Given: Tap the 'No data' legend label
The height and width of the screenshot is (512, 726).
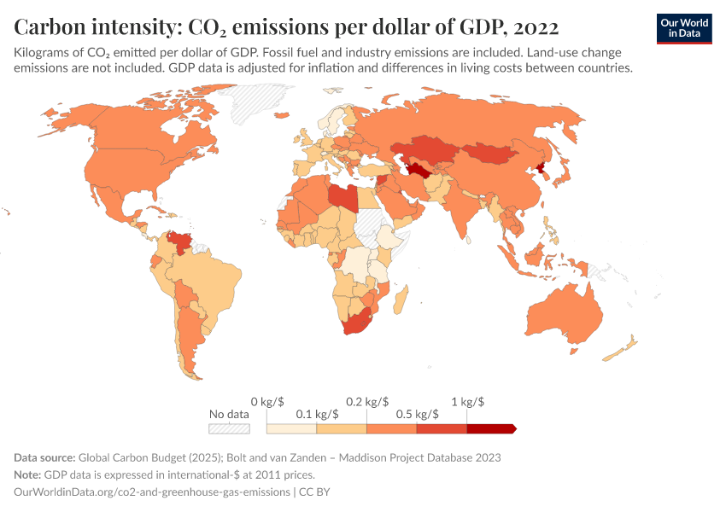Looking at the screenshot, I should tap(229, 414).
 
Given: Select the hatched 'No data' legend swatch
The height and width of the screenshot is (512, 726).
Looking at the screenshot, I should tap(229, 428).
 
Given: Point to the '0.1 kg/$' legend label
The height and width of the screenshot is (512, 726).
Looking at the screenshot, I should tap(317, 414).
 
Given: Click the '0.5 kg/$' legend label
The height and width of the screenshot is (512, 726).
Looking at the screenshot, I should tap(417, 414).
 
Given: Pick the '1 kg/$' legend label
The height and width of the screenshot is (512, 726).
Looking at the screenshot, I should tap(467, 401).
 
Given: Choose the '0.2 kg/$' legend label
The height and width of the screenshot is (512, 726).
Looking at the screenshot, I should tap(367, 401).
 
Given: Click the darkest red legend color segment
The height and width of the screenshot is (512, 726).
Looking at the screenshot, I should tap(491, 428).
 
